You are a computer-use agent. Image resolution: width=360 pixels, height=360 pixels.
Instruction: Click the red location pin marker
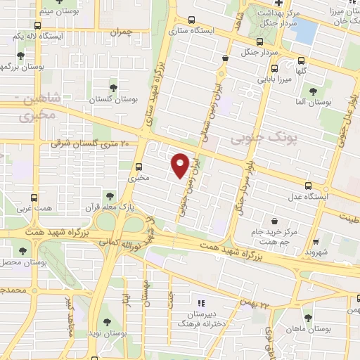(180, 165)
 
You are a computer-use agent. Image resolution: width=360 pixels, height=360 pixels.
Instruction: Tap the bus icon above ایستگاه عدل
(309, 186)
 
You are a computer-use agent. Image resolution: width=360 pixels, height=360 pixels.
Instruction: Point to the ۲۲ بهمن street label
(255, 304)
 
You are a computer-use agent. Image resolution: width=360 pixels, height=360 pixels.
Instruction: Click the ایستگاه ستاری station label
(194, 30)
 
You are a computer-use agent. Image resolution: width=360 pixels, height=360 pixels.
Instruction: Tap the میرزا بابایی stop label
(272, 79)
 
